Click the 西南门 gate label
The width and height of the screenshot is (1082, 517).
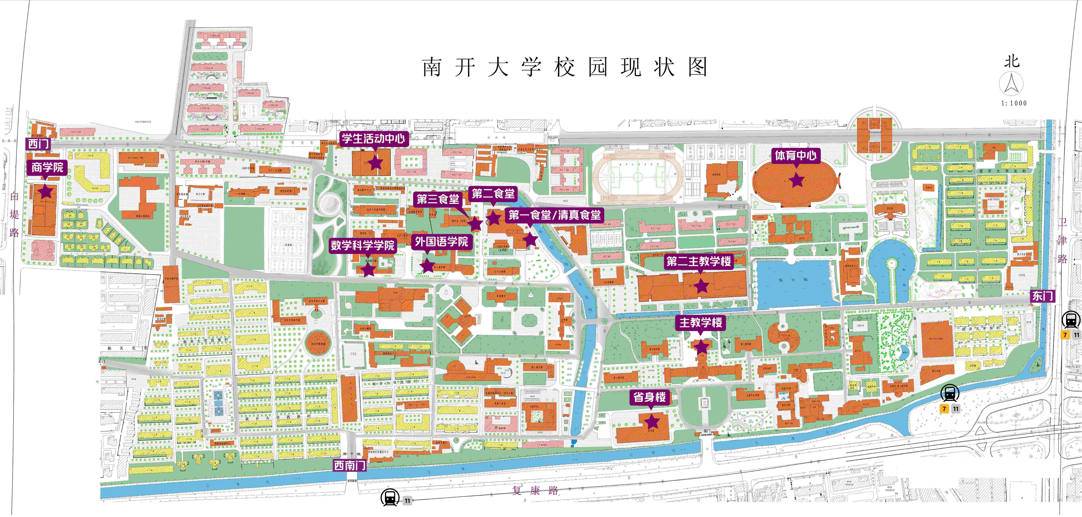pos(349,466)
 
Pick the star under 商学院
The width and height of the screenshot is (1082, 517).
pos(46,192)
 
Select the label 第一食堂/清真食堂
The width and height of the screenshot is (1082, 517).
pos(554,215)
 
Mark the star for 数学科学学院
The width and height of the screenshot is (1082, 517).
pos(368,269)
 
